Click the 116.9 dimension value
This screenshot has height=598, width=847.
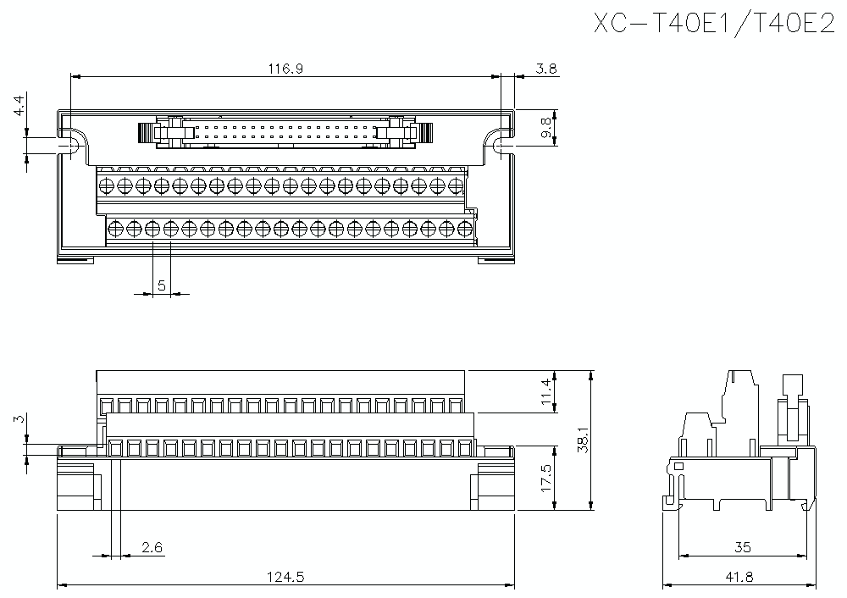[286, 69]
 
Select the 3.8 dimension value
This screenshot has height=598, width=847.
[546, 69]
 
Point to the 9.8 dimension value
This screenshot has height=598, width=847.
[546, 128]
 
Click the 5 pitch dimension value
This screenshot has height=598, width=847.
[161, 286]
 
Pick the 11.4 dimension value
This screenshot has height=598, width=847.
[546, 391]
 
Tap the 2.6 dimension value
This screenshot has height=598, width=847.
[152, 548]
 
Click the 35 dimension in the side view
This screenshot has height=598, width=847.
[742, 548]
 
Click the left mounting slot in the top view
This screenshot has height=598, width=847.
[69, 147]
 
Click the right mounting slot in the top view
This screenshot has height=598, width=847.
[502, 147]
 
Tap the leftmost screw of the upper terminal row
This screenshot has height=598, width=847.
[107, 185]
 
